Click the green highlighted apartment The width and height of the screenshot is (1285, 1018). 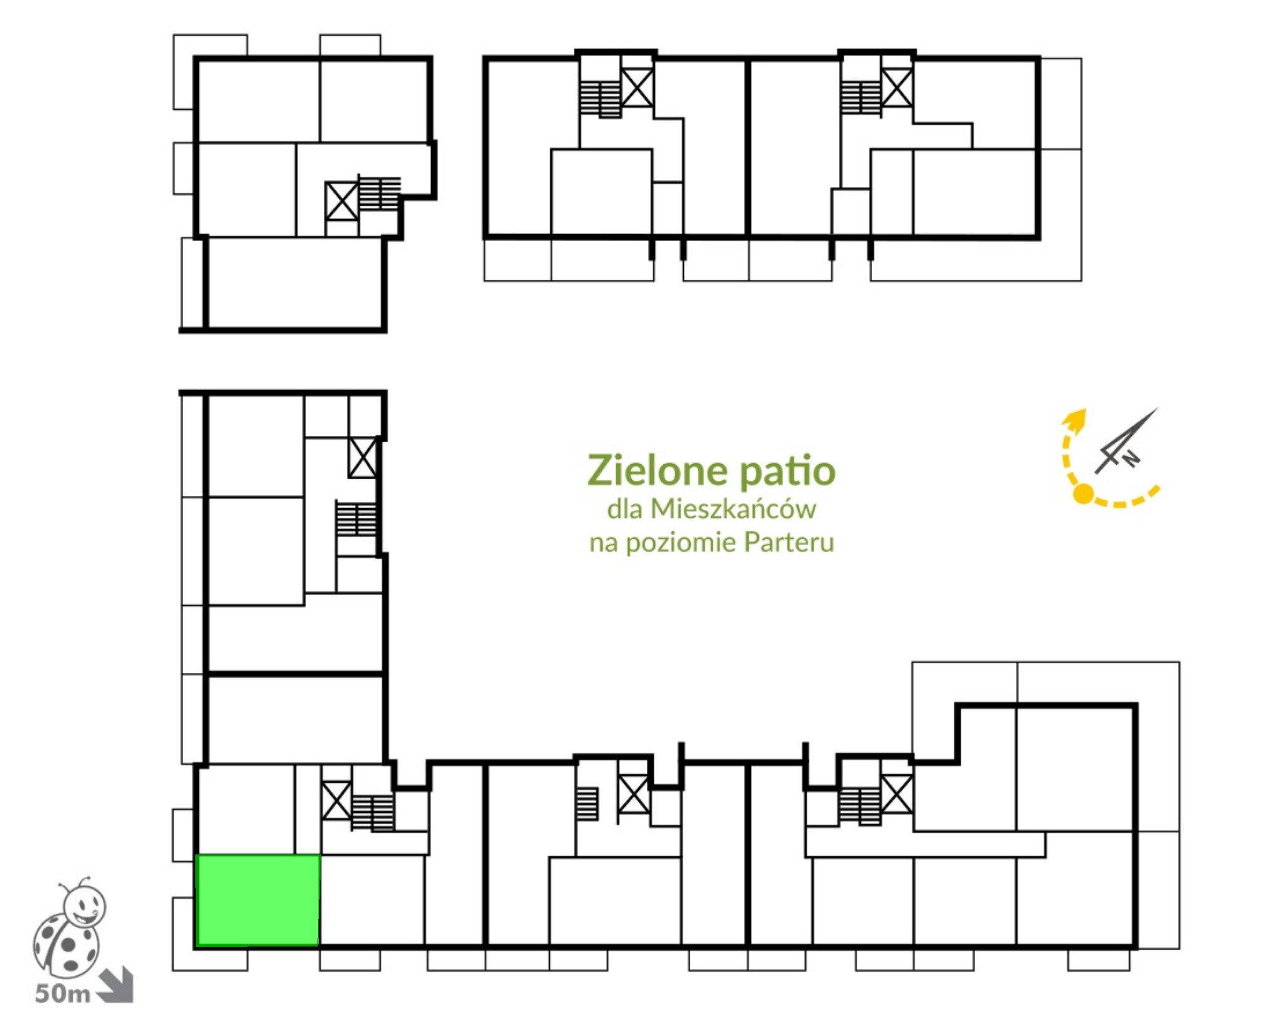tap(258, 899)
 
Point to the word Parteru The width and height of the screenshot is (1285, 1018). tap(789, 542)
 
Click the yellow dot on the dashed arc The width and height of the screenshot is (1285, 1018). tap(1083, 494)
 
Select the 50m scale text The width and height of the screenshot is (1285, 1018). tap(63, 994)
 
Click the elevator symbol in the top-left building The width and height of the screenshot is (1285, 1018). tap(341, 201)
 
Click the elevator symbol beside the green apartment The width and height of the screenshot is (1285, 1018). tap(336, 800)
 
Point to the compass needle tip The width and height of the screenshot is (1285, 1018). tap(1158, 409)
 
